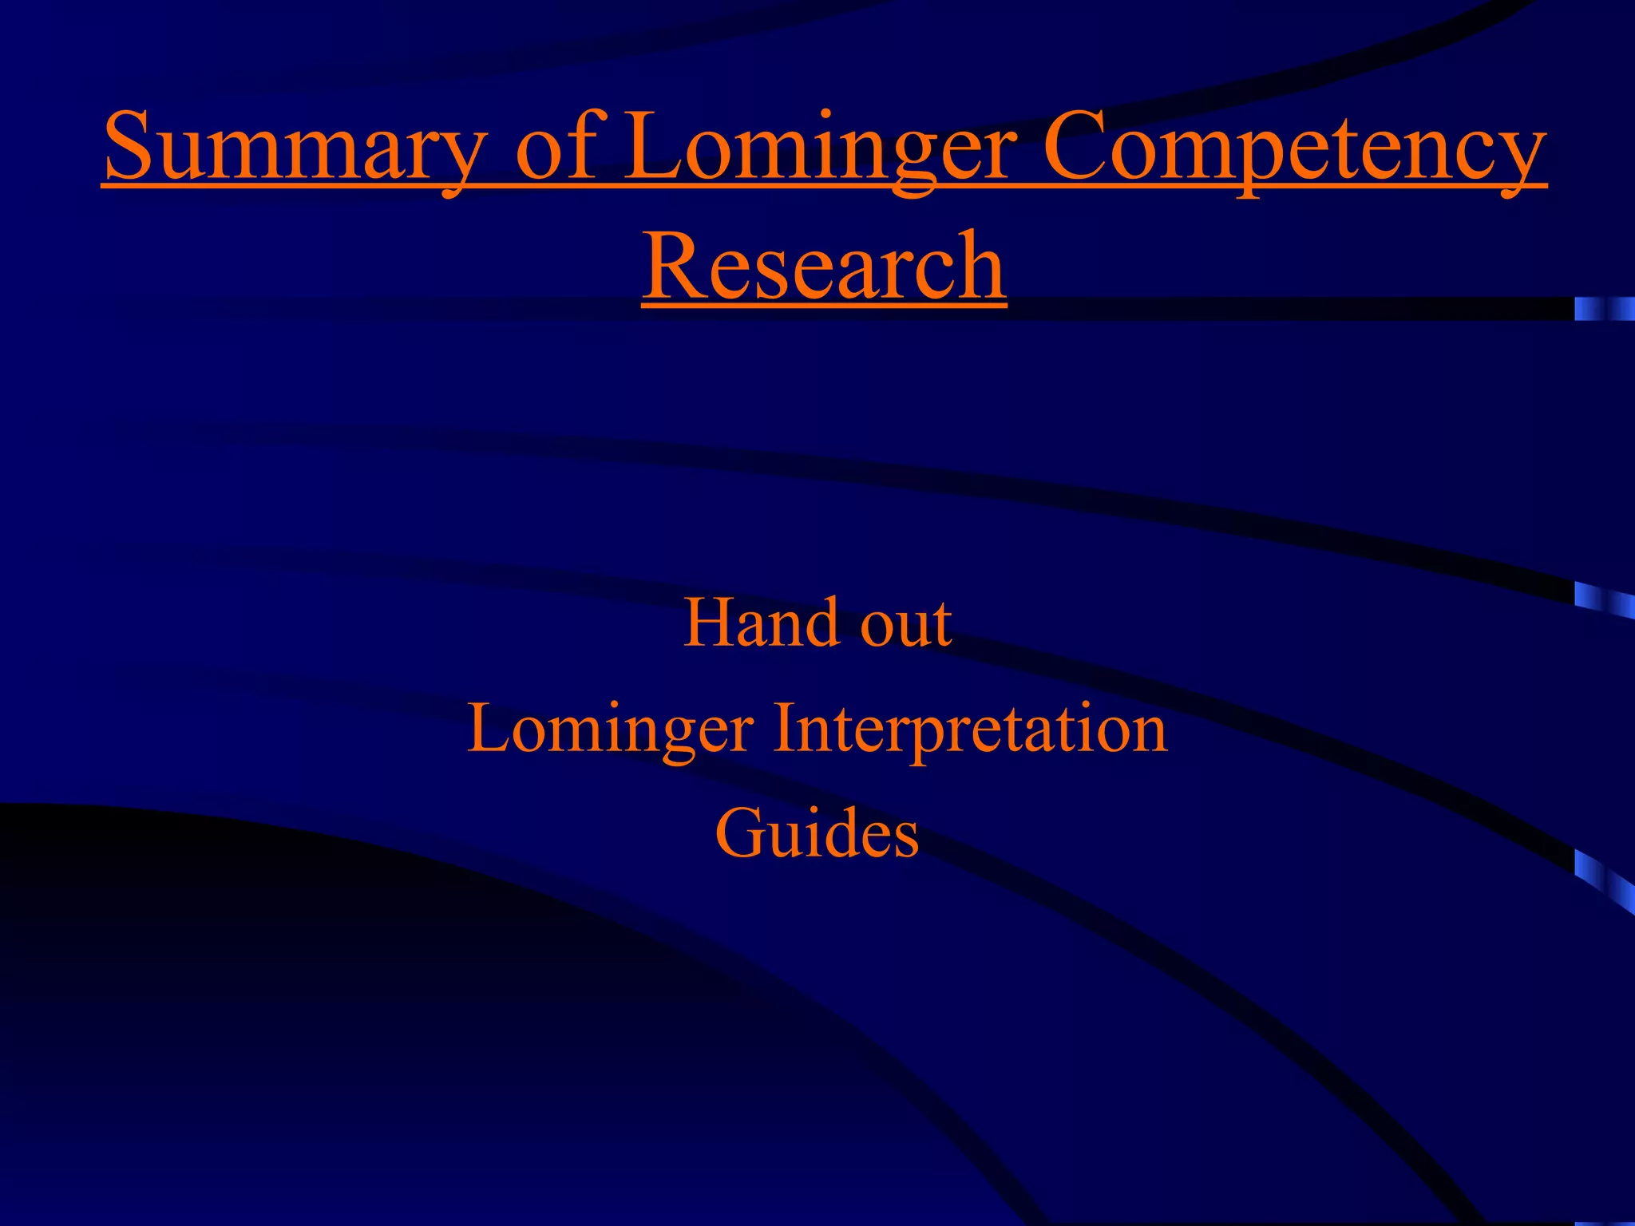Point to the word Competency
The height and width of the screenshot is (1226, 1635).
[x=1294, y=148]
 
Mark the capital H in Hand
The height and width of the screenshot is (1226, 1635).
[x=707, y=623]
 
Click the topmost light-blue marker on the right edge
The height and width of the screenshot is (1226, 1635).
[x=1604, y=309]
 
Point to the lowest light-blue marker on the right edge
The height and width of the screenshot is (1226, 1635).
[x=1604, y=878]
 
